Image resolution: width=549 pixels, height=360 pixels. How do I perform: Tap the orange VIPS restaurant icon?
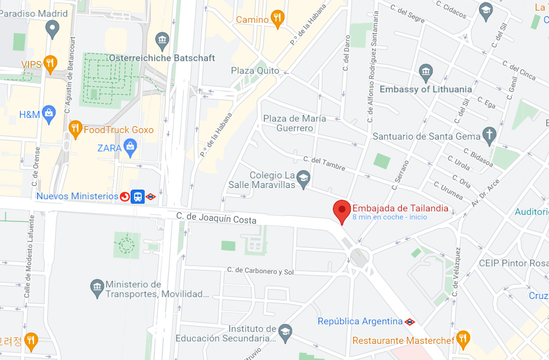pos(50,64)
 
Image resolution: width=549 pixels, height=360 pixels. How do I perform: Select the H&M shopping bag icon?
pos(49,114)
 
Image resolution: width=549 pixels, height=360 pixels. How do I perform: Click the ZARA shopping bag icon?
pos(131,148)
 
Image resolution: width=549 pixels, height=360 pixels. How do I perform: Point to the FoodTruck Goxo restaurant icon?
pos(75,129)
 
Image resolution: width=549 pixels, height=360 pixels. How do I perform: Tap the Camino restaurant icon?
pos(277,19)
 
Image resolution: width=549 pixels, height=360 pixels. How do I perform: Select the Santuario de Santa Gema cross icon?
pos(489,135)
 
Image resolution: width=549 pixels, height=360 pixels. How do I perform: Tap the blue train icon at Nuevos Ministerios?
pos(138,196)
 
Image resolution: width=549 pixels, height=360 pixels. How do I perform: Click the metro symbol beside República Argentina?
pos(410,321)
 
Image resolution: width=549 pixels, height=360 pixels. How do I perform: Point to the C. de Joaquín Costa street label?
pos(216,218)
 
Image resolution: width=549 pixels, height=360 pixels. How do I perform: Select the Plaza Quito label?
pos(255,71)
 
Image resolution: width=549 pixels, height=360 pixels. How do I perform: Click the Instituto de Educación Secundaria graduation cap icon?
pos(285,331)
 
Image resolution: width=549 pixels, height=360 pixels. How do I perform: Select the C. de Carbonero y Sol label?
pos(260,271)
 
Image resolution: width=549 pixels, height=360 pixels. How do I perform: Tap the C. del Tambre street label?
pos(324,163)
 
